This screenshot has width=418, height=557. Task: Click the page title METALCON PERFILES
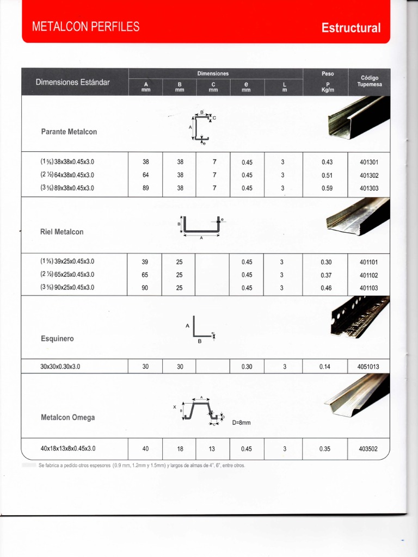(85, 27)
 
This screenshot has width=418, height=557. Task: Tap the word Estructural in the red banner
(351, 28)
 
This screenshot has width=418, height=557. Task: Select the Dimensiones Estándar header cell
(73, 82)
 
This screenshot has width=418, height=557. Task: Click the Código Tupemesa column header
(369, 81)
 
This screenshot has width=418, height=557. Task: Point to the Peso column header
(327, 73)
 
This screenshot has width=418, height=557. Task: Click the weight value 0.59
(327, 188)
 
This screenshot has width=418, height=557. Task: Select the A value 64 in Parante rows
(145, 175)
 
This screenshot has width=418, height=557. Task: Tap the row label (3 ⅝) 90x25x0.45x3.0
(67, 288)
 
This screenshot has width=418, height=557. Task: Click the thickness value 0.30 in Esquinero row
(247, 367)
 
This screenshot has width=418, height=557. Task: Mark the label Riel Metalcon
(62, 232)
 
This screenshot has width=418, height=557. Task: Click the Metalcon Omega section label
(67, 418)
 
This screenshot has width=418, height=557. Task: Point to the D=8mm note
(241, 422)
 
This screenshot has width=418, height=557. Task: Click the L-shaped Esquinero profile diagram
(201, 330)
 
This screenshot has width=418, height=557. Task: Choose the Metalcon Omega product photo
(358, 395)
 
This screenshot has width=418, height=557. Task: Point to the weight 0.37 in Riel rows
(327, 275)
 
